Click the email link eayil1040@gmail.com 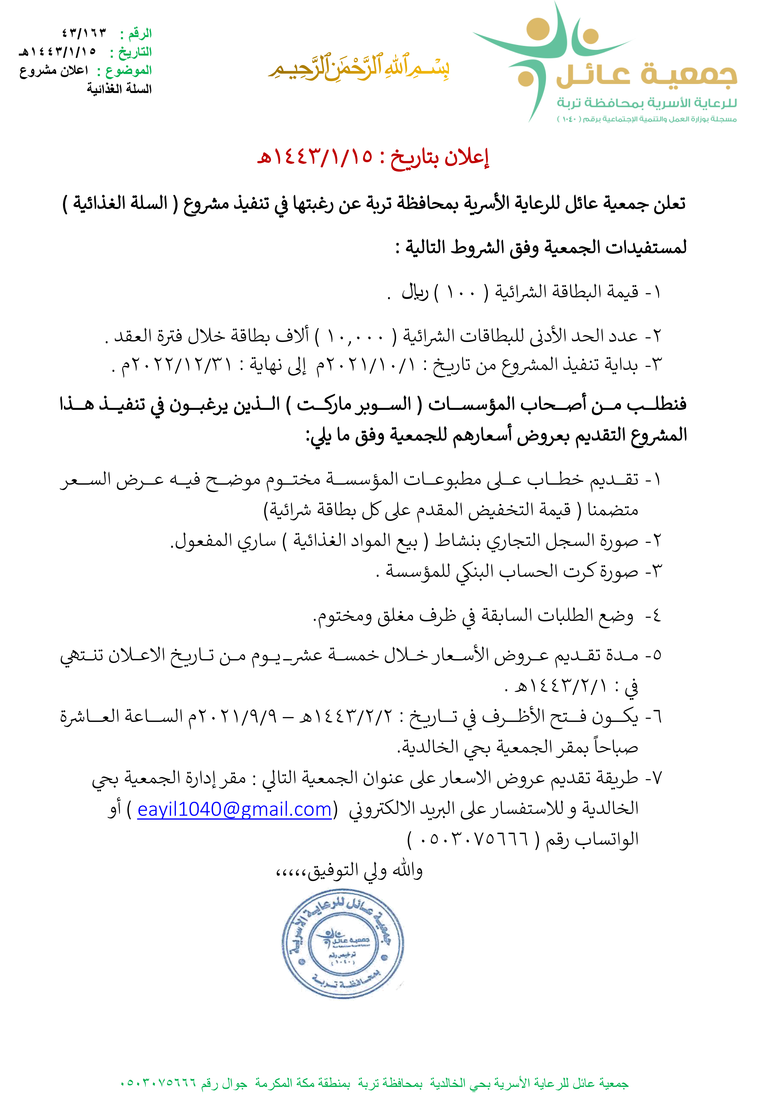pos(234,809)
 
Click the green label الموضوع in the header pos(128,71)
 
